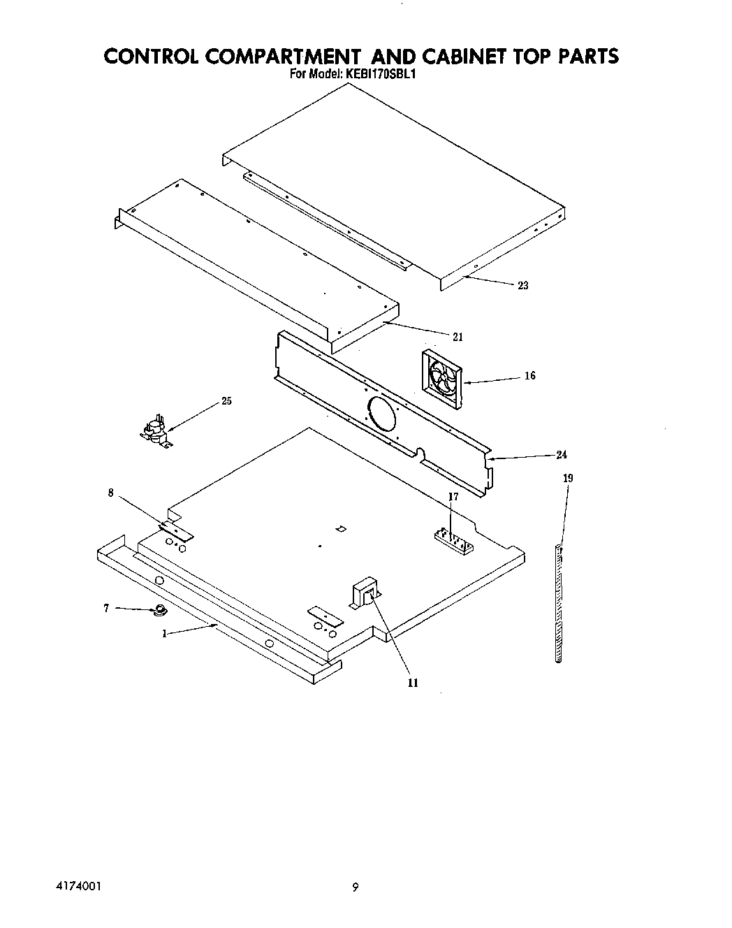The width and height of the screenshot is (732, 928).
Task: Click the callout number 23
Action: tap(523, 285)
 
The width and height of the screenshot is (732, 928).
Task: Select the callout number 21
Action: tap(457, 337)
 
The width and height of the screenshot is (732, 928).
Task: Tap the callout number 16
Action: tap(530, 376)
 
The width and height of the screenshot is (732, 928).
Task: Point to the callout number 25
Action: tap(227, 401)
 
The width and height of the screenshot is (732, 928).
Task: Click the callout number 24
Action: tap(562, 455)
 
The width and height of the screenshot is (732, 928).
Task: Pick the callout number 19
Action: tap(568, 479)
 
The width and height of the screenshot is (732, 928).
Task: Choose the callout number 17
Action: tap(453, 497)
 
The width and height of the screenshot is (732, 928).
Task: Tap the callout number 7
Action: tap(106, 609)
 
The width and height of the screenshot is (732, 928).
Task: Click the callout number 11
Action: tap(413, 683)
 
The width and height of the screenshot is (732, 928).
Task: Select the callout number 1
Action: tap(164, 634)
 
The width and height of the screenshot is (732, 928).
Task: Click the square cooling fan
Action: tap(442, 380)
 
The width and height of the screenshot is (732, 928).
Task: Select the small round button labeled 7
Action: tap(161, 611)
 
